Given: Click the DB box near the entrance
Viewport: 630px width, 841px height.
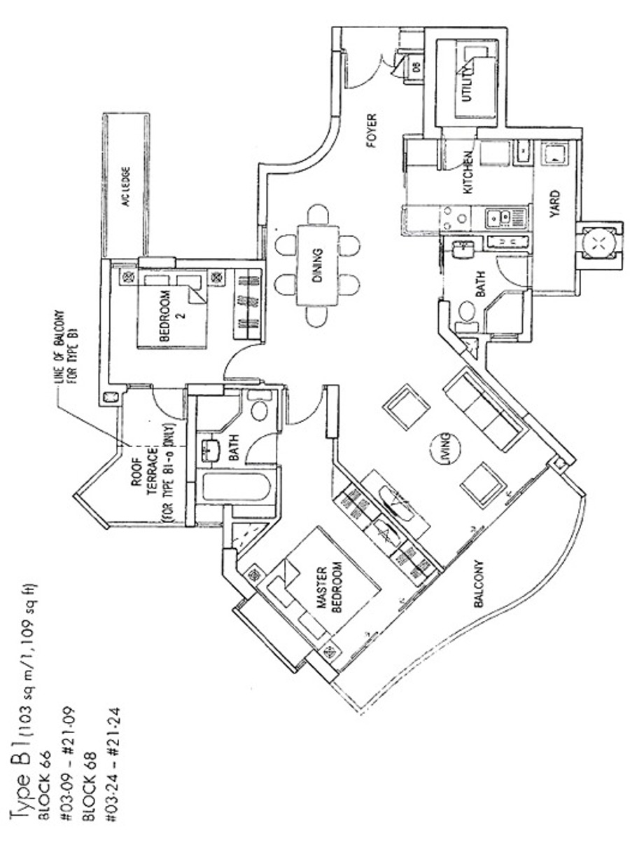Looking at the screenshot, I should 414,68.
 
